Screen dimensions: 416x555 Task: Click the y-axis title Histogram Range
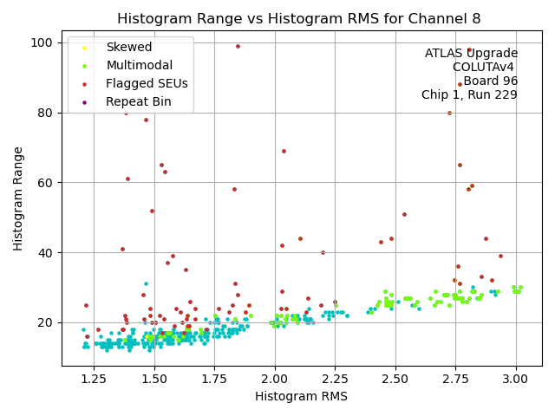click(x=18, y=198)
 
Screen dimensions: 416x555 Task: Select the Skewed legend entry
click(x=128, y=47)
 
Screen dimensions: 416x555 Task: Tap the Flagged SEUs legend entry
click(x=147, y=83)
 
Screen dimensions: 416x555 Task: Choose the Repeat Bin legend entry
click(x=138, y=101)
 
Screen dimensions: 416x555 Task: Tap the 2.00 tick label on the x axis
click(x=275, y=380)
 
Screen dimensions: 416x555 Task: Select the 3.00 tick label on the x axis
click(x=515, y=380)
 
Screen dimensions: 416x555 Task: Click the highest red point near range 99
click(x=238, y=47)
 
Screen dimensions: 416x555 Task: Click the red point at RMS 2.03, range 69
click(x=284, y=151)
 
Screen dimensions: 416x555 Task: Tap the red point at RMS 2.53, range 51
click(x=404, y=214)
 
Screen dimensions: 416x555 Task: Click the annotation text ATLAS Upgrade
click(x=471, y=54)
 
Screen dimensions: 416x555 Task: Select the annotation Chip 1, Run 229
click(x=469, y=95)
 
